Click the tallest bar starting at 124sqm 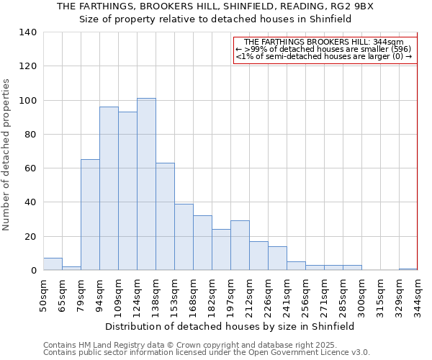point(146,184)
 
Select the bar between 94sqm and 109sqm point(109,189)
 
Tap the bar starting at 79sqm point(90,215)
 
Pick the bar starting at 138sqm point(165,217)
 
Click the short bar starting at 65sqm point(71,268)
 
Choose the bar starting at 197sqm point(240,246)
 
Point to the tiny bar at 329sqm point(408,269)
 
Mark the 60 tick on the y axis point(31,168)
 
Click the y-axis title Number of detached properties point(7,155)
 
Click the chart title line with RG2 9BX point(215,6)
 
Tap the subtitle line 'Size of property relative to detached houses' point(215,19)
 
